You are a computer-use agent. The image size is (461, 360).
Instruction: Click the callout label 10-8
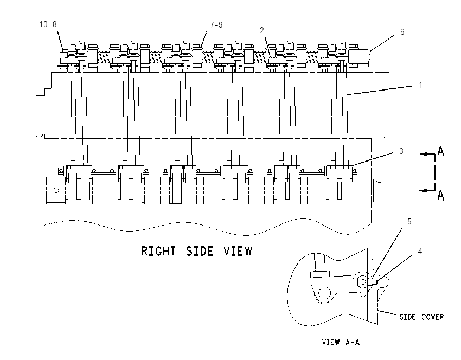(48, 24)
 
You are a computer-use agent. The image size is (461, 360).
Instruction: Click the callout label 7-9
(216, 25)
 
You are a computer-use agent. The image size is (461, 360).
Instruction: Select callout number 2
(261, 30)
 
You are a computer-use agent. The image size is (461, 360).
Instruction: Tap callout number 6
(402, 32)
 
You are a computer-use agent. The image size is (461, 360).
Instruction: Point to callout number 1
(421, 85)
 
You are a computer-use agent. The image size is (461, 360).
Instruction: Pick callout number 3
(401, 151)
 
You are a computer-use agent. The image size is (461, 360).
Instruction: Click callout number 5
(409, 222)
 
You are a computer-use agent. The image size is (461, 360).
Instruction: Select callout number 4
(420, 251)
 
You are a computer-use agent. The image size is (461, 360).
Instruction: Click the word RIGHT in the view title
(158, 251)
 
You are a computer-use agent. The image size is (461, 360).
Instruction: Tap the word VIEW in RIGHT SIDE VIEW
(238, 251)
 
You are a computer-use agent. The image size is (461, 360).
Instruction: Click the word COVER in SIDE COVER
(432, 317)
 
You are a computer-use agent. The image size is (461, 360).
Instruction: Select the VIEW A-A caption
(341, 342)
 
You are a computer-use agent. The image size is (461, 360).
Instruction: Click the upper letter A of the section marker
(440, 151)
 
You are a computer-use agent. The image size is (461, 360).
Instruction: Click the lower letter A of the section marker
(440, 195)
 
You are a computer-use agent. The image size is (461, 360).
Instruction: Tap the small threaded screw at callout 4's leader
(375, 282)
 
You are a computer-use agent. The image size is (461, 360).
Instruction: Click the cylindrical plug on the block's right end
(378, 190)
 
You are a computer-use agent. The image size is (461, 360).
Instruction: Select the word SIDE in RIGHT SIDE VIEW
(200, 251)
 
